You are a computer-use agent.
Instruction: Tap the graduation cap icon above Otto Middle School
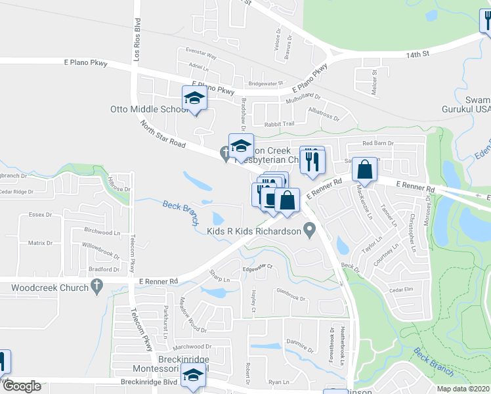tap(194, 98)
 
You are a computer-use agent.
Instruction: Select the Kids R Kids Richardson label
tap(253, 230)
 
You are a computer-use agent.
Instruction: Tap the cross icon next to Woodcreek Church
tap(97, 286)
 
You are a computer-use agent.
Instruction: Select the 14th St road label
tap(421, 56)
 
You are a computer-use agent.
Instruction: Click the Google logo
tap(22, 386)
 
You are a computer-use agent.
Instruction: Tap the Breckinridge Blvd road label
tap(149, 382)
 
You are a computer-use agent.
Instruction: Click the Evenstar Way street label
tap(202, 56)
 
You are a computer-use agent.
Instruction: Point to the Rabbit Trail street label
tap(279, 123)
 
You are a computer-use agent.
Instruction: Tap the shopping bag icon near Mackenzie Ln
tap(364, 169)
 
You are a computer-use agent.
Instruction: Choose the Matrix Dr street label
tap(40, 243)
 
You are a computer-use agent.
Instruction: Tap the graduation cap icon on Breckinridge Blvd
tap(193, 376)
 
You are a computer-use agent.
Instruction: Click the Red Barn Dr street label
tap(377, 143)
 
